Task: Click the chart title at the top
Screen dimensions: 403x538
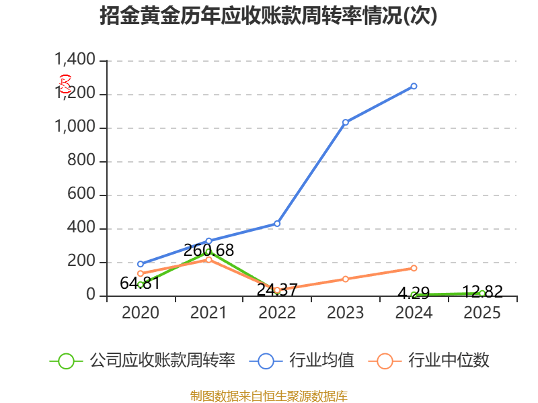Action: pyautogui.click(x=269, y=16)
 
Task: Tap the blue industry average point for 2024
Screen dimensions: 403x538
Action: pyautogui.click(x=414, y=86)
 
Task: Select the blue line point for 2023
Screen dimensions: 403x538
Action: pyautogui.click(x=346, y=122)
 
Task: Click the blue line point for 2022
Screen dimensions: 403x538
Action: pyautogui.click(x=277, y=224)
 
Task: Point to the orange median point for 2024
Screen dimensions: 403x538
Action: pyautogui.click(x=414, y=268)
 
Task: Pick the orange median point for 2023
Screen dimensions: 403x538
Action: pyautogui.click(x=346, y=279)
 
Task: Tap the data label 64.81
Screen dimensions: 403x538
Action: pyautogui.click(x=140, y=283)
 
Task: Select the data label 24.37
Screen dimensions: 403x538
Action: pyautogui.click(x=277, y=290)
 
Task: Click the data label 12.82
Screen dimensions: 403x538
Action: pyautogui.click(x=482, y=292)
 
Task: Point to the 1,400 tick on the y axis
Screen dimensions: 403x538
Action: pyautogui.click(x=77, y=60)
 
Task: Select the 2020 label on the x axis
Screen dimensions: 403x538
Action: pyautogui.click(x=140, y=313)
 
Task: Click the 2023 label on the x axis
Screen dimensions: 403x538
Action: pyautogui.click(x=346, y=313)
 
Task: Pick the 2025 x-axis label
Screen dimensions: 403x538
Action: pyautogui.click(x=482, y=313)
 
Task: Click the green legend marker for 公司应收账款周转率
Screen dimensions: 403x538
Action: pyautogui.click(x=66, y=361)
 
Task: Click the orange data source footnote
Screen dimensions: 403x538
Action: pyautogui.click(x=269, y=396)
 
